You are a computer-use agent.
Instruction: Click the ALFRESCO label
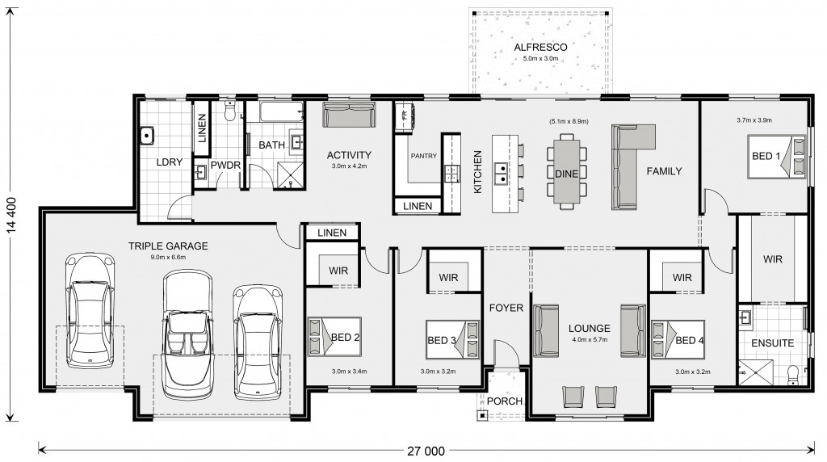click(540, 48)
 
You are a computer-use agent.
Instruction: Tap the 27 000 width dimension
click(426, 451)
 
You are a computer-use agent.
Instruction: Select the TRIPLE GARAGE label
click(168, 246)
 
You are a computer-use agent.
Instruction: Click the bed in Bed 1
click(776, 157)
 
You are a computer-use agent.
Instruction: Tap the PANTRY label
click(424, 156)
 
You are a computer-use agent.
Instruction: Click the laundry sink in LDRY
click(147, 136)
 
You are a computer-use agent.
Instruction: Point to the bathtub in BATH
click(275, 111)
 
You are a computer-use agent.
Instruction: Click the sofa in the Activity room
click(349, 115)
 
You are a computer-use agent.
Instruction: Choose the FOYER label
click(506, 308)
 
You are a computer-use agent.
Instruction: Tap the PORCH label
click(505, 401)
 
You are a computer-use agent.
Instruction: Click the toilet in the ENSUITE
click(793, 374)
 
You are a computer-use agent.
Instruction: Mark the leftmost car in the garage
click(90, 311)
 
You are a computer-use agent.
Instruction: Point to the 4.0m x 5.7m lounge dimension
click(590, 340)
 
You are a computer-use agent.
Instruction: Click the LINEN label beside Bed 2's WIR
click(332, 233)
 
